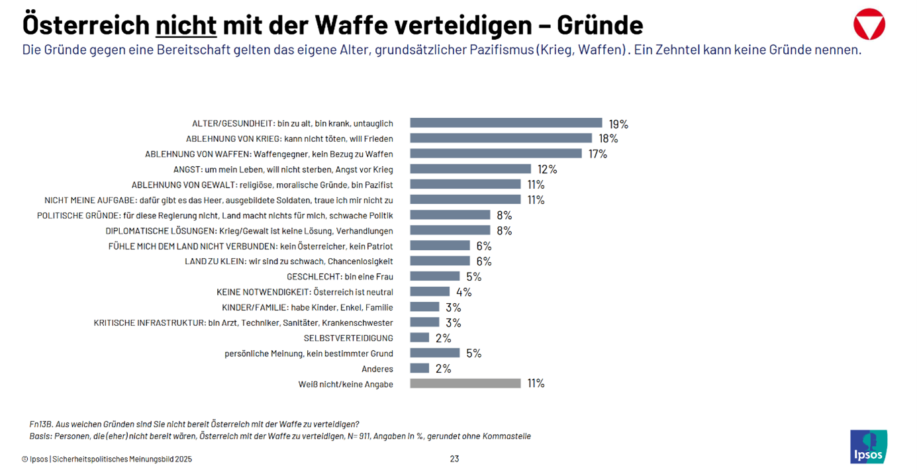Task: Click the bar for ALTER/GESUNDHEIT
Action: [506, 123]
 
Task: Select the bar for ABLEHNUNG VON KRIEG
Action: [501, 138]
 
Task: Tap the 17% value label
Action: [598, 154]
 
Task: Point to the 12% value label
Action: [548, 169]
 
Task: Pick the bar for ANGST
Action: [470, 169]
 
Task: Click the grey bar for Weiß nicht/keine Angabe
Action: [465, 383]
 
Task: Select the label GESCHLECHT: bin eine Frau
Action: [340, 276]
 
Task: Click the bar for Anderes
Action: [419, 368]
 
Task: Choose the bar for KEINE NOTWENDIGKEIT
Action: [430, 291]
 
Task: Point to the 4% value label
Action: [463, 292]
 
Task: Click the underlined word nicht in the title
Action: [186, 25]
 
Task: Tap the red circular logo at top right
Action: [869, 24]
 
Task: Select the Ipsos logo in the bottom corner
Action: [869, 446]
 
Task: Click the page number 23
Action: [454, 459]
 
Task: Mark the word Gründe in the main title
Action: [600, 25]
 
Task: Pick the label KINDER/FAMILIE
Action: [307, 307]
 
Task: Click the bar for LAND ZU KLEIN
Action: [440, 261]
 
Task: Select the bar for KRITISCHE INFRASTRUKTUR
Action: [424, 322]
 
